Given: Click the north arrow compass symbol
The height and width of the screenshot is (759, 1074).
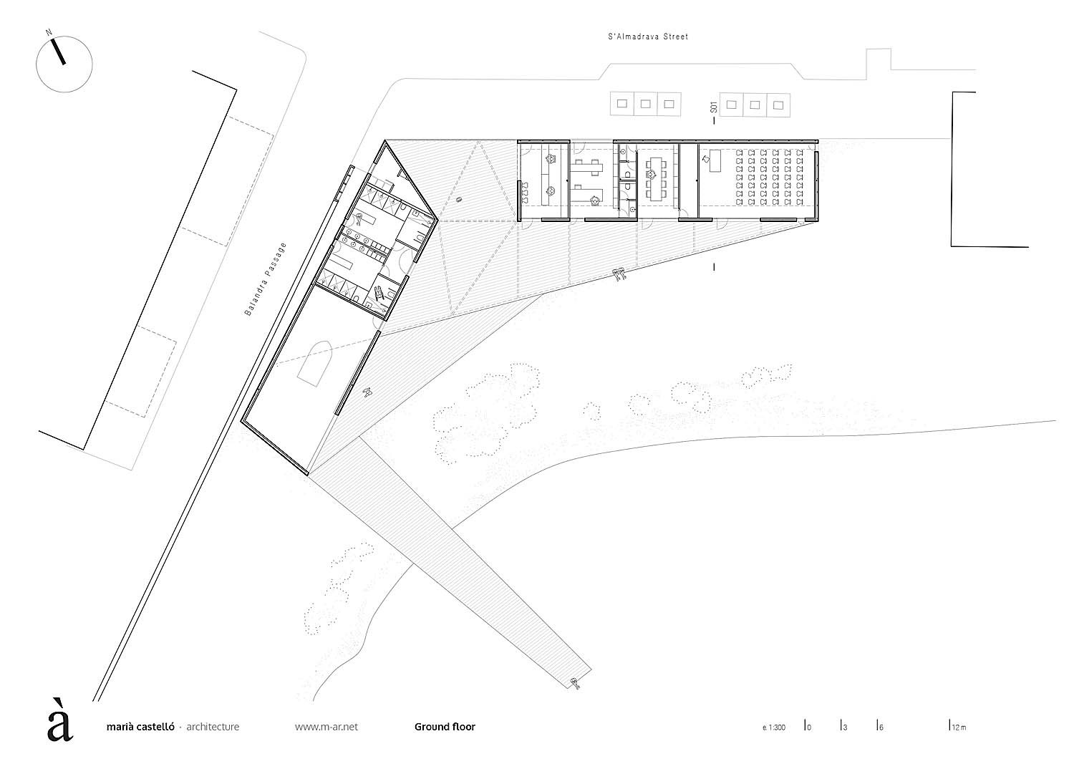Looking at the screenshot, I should point(63,63).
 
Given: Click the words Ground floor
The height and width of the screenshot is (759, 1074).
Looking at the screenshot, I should point(445,727).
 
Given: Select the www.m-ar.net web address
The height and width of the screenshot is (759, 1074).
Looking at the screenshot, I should point(326,727).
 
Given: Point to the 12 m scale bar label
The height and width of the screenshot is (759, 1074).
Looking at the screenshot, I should point(959,727).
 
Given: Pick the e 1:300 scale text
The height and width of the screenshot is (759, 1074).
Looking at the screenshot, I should point(774,727).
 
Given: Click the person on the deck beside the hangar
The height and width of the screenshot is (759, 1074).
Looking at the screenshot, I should point(368,390).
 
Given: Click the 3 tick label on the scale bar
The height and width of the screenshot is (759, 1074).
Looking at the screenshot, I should point(846,727).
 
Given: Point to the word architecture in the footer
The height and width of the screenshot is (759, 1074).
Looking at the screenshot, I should point(213,727).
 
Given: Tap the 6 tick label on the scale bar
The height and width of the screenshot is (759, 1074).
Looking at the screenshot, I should point(881,727).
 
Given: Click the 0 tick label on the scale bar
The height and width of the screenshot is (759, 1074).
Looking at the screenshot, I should point(809,727).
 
